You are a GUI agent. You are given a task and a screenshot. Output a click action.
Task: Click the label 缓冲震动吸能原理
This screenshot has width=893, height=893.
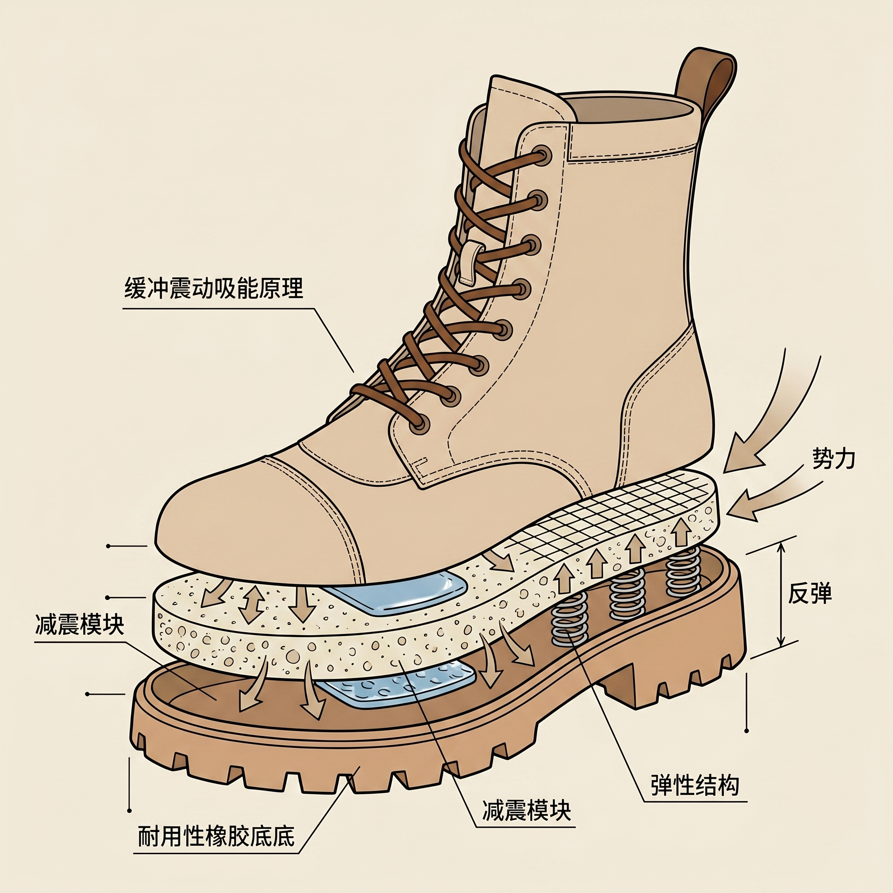(214, 288)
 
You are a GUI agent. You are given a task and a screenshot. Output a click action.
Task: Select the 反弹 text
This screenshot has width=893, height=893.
(809, 593)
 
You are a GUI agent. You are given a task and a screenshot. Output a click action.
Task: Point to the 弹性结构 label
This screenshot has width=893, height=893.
(695, 784)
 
